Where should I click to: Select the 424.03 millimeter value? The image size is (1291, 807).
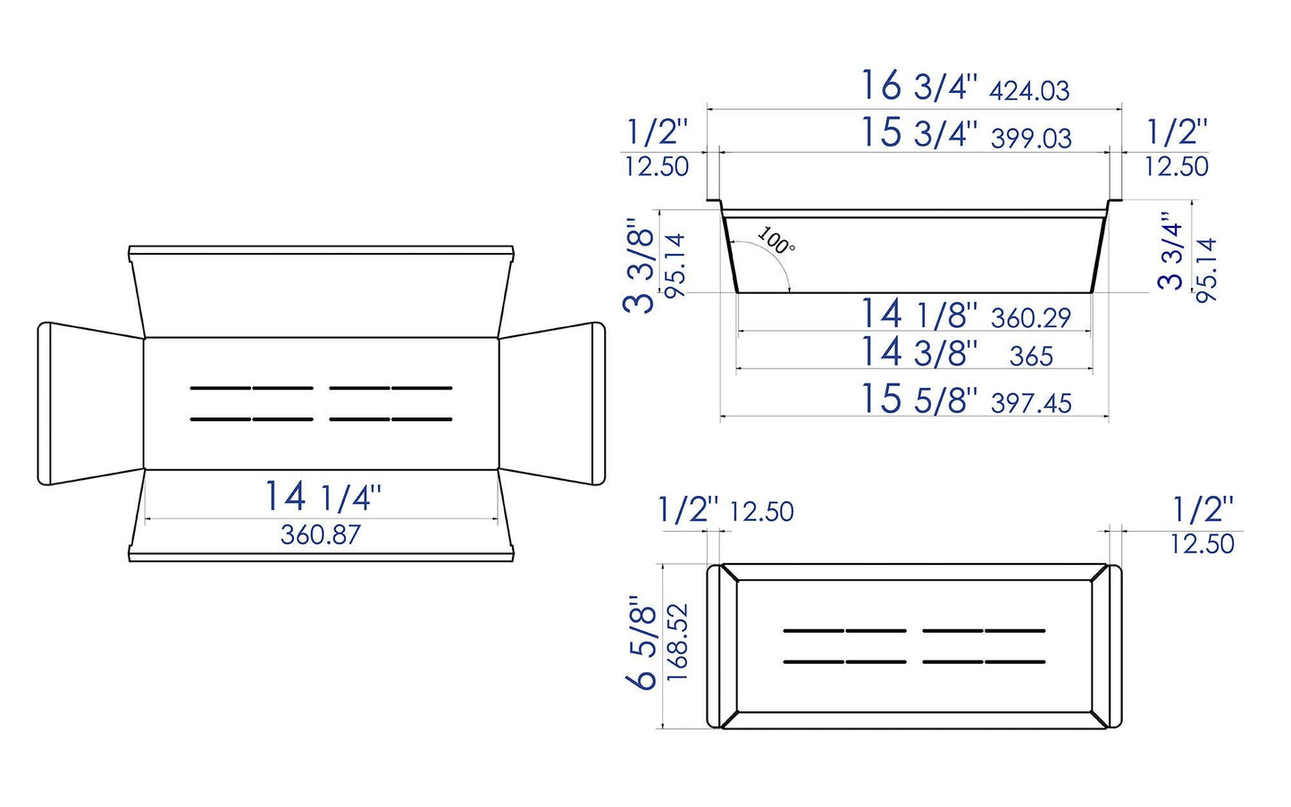(x=1029, y=90)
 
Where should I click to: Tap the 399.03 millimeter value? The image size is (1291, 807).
(x=1031, y=138)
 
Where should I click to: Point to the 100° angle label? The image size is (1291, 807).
(x=775, y=240)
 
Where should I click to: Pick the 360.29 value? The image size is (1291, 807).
(x=1030, y=318)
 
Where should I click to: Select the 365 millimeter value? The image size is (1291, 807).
(x=1031, y=357)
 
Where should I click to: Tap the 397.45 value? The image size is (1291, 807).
(x=1031, y=403)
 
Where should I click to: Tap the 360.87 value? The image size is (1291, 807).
(x=321, y=534)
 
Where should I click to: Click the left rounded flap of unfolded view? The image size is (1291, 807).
(x=89, y=404)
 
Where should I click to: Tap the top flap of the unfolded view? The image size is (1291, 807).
(x=322, y=295)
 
